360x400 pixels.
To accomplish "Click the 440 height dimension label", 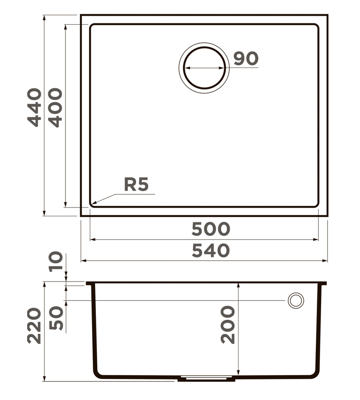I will [x=35, y=107].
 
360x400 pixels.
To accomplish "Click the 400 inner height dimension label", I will [x=55, y=107].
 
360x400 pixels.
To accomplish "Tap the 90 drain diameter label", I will [x=246, y=58].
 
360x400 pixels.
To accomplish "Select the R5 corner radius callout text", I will [x=136, y=185].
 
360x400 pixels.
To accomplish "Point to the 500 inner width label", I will [x=210, y=229].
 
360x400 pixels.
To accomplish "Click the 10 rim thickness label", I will [x=56, y=262].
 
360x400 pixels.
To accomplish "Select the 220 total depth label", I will [x=35, y=326].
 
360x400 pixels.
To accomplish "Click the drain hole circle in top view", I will [x=204, y=68].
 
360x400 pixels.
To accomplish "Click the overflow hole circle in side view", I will [x=296, y=300].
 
